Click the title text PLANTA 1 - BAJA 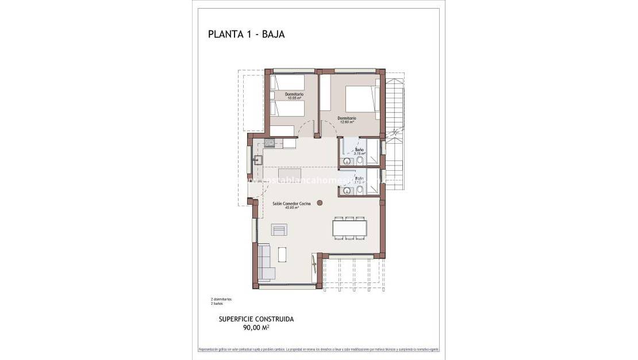click(x=246, y=34)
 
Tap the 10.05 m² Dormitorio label click(x=294, y=95)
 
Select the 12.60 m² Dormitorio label click(x=347, y=120)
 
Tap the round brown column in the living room click(x=320, y=201)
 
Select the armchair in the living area click(x=279, y=230)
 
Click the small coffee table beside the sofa click(x=282, y=254)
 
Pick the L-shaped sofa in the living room click(x=265, y=263)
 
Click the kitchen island click(x=291, y=174)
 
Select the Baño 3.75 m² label click(x=359, y=151)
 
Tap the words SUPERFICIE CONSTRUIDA click(x=256, y=319)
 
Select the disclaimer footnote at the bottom click(x=318, y=350)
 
